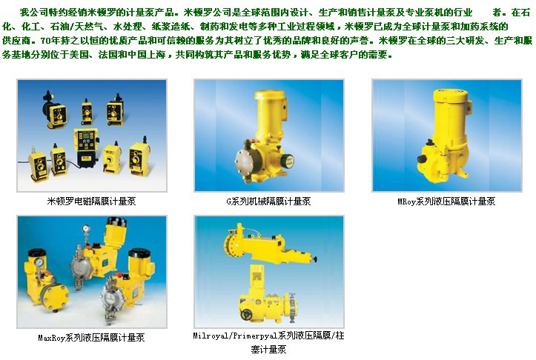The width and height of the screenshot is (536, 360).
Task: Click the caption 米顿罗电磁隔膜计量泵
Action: [x=91, y=201]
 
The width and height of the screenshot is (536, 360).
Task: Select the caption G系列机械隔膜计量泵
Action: [x=268, y=201]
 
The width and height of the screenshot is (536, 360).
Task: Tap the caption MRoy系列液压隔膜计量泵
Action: [x=446, y=201]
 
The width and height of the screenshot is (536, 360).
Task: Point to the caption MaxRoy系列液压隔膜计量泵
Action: [x=91, y=338]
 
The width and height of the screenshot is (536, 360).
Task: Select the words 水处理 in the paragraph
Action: [x=128, y=27]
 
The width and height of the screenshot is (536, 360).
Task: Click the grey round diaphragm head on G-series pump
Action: [x=245, y=161]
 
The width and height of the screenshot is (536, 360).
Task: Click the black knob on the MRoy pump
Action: [x=422, y=159]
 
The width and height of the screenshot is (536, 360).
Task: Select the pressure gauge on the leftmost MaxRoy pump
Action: [x=39, y=262]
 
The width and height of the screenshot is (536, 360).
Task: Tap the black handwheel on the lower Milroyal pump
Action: [x=246, y=314]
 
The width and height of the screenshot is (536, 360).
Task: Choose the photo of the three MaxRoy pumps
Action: [x=92, y=272]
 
